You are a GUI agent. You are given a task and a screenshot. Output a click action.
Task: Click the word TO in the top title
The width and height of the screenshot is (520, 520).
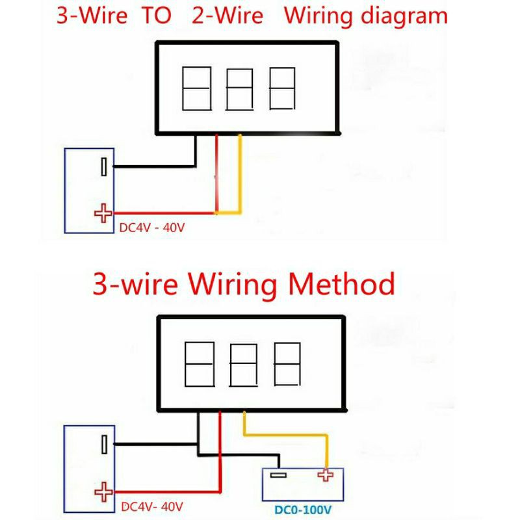157,15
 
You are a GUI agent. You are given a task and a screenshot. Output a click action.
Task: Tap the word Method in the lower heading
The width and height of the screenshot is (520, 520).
342,284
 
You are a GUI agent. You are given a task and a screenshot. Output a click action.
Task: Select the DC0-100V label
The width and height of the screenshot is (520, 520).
303,510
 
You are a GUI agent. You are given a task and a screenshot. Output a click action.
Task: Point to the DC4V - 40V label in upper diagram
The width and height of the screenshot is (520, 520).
152,228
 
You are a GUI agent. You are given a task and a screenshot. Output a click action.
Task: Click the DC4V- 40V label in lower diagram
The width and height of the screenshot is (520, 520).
152,507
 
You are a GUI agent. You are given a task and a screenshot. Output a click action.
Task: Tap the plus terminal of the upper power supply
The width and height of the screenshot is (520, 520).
103,213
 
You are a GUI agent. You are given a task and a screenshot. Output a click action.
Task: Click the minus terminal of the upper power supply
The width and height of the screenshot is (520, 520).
104,166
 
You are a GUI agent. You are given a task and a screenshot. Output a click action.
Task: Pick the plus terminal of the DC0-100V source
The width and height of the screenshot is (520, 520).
326,475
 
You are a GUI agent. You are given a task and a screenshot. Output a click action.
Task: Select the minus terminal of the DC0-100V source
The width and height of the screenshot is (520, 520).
278,475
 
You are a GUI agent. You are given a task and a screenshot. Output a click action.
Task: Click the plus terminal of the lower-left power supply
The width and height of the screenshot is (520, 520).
103,492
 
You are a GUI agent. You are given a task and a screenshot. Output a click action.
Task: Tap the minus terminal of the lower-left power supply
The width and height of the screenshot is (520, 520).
104,445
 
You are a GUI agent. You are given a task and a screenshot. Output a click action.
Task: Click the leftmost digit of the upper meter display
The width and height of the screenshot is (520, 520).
197,88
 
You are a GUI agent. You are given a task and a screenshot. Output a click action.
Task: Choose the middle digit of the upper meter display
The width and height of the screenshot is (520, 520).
239,89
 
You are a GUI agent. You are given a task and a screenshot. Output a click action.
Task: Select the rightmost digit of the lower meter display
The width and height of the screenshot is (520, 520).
287,364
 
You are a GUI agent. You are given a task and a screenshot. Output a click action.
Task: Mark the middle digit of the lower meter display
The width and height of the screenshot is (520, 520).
243,365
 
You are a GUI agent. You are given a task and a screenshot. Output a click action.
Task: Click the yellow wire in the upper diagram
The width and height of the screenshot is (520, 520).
240,186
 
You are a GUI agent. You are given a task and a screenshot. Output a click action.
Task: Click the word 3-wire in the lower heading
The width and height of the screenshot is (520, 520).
135,284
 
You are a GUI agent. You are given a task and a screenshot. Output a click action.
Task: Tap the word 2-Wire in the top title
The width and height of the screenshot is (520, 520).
227,15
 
